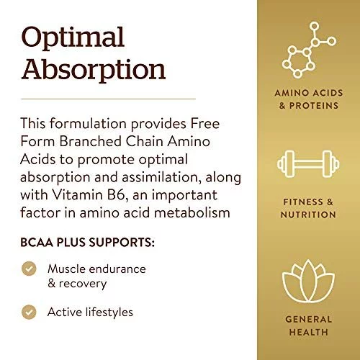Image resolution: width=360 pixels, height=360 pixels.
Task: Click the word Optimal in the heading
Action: [x=73, y=39]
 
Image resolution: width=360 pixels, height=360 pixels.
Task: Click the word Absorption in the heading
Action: [x=94, y=70]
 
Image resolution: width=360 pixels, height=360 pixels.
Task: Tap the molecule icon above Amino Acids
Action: [x=309, y=50]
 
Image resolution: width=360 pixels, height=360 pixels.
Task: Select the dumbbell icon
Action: [x=308, y=164]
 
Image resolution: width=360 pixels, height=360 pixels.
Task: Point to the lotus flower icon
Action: [x=308, y=282]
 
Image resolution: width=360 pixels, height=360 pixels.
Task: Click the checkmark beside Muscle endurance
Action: [x=29, y=269]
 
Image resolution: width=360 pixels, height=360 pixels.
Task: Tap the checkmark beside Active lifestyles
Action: [x=29, y=312]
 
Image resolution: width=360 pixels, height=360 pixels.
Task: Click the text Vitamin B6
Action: [x=89, y=194]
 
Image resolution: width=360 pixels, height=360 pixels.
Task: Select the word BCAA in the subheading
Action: [x=37, y=242]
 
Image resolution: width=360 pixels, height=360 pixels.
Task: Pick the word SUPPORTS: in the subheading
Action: [x=122, y=242]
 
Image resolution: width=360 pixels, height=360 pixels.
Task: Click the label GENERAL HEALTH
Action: [x=309, y=325]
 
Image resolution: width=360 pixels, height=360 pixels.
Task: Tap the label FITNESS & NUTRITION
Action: [x=308, y=208]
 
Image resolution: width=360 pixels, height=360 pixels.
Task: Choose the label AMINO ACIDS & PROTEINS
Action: [x=309, y=99]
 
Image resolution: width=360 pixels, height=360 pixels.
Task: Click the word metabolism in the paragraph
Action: [x=192, y=212]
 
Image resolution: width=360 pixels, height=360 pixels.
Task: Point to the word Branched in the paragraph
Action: [x=91, y=141]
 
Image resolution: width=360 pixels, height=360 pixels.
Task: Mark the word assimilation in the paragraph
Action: [x=161, y=177]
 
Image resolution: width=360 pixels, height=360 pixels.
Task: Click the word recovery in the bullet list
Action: [x=83, y=284]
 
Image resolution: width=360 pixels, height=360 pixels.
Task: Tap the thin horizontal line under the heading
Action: [x=108, y=99]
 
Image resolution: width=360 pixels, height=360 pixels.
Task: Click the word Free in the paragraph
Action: [x=205, y=123]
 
